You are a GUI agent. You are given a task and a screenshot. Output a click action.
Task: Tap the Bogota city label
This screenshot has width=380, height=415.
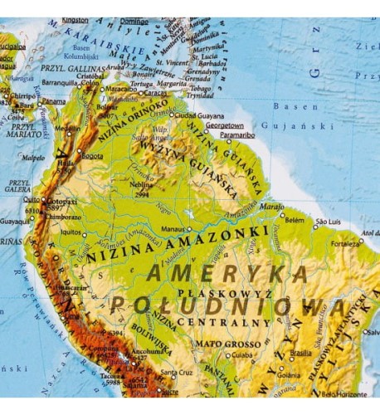92,155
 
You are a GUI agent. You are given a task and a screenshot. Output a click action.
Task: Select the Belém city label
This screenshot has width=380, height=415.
295,221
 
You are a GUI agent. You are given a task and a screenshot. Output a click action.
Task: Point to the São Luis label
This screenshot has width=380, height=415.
329,222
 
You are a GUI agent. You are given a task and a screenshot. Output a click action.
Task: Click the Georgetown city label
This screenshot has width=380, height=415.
225,126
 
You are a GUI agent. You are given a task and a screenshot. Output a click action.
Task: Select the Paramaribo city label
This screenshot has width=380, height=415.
236,134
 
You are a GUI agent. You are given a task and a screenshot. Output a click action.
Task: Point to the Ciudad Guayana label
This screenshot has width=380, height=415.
198,115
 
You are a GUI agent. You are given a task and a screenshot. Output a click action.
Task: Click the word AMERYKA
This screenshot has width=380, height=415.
227,274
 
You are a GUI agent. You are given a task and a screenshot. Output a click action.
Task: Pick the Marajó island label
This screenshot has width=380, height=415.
271,205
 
